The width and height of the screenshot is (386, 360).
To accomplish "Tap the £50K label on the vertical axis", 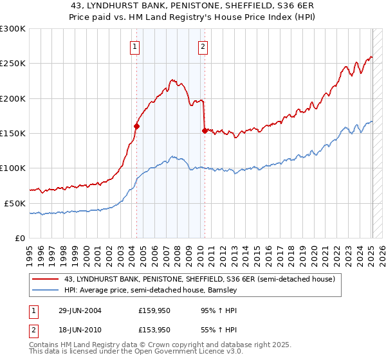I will [15, 203].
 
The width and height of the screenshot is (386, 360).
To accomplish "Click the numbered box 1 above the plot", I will [135, 46].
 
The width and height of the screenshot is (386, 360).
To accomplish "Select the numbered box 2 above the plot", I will [203, 46].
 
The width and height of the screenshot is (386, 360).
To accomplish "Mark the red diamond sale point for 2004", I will [137, 127].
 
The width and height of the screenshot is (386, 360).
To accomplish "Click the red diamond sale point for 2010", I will [205, 130].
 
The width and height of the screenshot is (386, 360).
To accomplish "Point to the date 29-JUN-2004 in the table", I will [80, 310].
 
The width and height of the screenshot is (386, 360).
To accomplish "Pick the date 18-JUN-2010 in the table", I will [80, 329].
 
